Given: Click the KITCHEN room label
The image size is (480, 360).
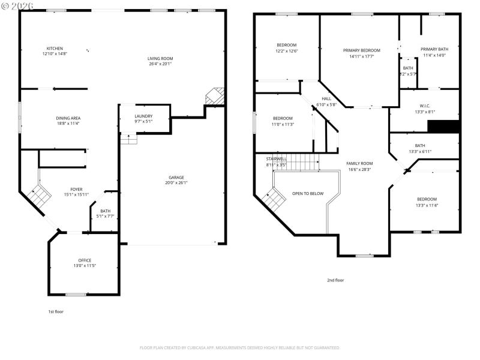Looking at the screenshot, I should [55, 49].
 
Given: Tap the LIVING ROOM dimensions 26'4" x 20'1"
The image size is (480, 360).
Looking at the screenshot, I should [160, 64].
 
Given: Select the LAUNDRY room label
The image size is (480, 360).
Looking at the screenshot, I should [143, 116].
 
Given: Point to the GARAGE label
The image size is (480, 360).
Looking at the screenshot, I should [176, 178].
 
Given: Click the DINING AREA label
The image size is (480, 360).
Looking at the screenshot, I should [69, 118].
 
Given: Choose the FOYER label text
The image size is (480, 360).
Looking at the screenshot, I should [76, 190].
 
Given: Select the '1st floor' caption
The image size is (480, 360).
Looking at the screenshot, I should [56, 311].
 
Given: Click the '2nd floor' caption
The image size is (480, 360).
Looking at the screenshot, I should [335, 280].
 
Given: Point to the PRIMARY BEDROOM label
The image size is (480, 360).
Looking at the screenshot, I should [362, 50].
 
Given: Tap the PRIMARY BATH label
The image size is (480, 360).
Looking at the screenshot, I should [434, 49].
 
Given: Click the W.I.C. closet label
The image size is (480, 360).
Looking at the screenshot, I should [425, 106].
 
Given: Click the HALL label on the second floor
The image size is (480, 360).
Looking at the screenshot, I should [326, 98].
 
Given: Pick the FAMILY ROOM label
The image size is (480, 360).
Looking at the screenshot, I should [359, 163].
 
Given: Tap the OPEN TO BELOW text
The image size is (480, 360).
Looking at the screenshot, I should [308, 193].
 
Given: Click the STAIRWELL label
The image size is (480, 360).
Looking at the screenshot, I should [276, 158].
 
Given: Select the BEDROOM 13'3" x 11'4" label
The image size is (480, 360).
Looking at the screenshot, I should [427, 199].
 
